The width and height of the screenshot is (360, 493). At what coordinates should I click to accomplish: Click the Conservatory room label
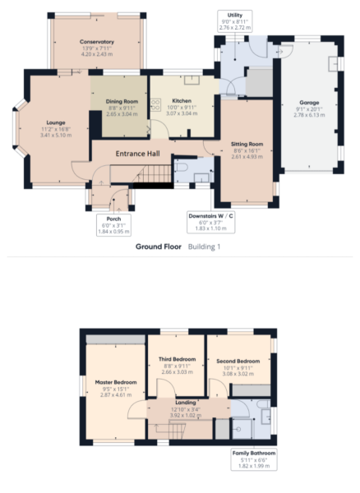(97, 42)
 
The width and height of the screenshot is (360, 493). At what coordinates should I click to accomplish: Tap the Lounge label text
(56, 122)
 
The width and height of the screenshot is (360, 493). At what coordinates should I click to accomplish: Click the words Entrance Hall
(137, 153)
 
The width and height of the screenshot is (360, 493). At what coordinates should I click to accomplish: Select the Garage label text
(309, 102)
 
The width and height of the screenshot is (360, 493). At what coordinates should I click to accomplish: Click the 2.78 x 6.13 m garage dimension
(309, 116)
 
